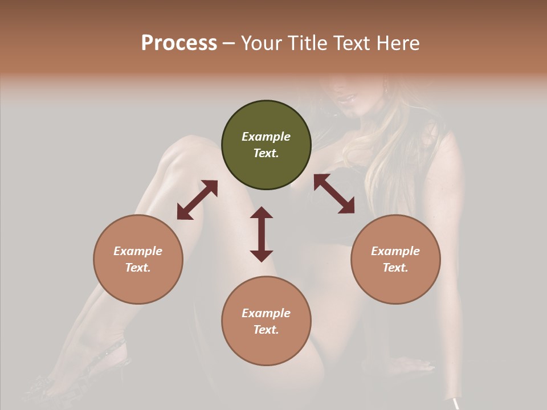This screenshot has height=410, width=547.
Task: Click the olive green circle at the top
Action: pos(266,145)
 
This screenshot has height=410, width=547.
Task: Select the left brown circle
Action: pos(138,259)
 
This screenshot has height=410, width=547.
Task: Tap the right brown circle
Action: pos(395,259)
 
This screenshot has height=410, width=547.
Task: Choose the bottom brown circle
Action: pos(266,321)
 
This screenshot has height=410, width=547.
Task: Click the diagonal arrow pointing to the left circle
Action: pos(197,200)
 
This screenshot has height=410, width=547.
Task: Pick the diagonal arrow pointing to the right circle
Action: pos(334,194)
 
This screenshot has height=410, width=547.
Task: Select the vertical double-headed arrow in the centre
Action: pos(262,234)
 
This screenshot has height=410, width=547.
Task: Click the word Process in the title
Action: pos(179,43)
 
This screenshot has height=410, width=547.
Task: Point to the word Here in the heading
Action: pos(398,43)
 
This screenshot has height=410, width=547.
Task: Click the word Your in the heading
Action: pos(261,43)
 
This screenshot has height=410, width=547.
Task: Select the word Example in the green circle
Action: pos(266,137)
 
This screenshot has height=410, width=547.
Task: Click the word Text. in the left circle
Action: pos(138,268)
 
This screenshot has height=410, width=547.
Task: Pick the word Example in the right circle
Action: pos(395,251)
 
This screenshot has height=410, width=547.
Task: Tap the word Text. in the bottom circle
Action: pos(266,330)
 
